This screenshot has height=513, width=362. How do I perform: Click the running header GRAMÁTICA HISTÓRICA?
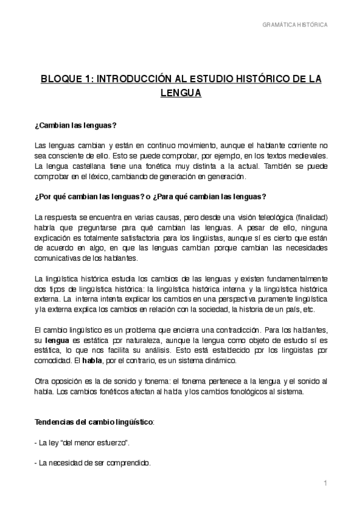[295, 25]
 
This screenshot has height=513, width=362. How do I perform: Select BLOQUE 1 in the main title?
[63, 79]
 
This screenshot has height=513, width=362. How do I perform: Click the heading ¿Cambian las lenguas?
[76, 125]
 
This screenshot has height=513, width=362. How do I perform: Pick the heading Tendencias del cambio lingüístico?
[94, 421]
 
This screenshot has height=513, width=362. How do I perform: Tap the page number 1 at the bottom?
[325, 483]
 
